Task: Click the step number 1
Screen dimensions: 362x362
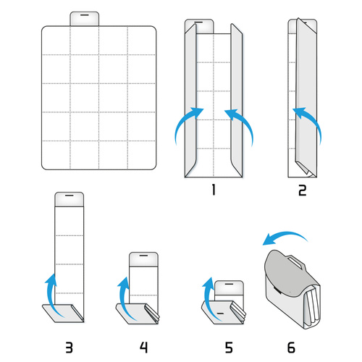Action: tap(213, 190)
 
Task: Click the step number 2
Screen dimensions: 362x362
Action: tap(302, 190)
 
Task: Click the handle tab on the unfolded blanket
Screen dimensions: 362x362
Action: tap(85, 18)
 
